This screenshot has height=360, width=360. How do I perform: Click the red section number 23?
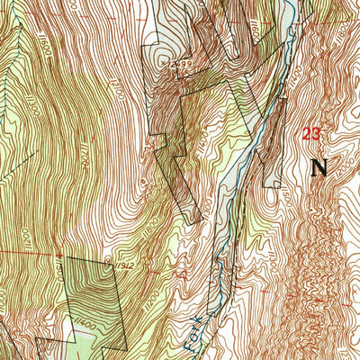pos(312,134)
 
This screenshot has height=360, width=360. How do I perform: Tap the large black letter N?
pos(319,166)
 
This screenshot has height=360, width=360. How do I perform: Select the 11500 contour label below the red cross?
pos(59,270)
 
